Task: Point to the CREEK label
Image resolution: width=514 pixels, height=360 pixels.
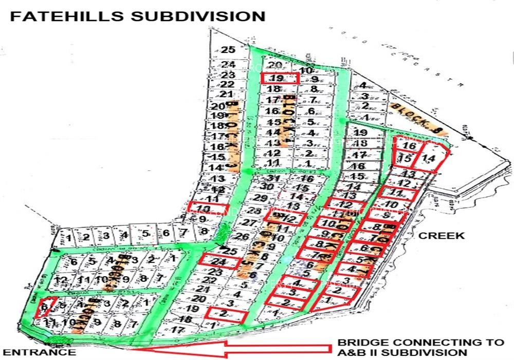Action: click(442, 236)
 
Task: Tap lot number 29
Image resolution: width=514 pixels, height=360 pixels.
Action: click(261, 199)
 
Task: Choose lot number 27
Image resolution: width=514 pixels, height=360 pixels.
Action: click(249, 223)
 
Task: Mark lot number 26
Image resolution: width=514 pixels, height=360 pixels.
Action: click(243, 237)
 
